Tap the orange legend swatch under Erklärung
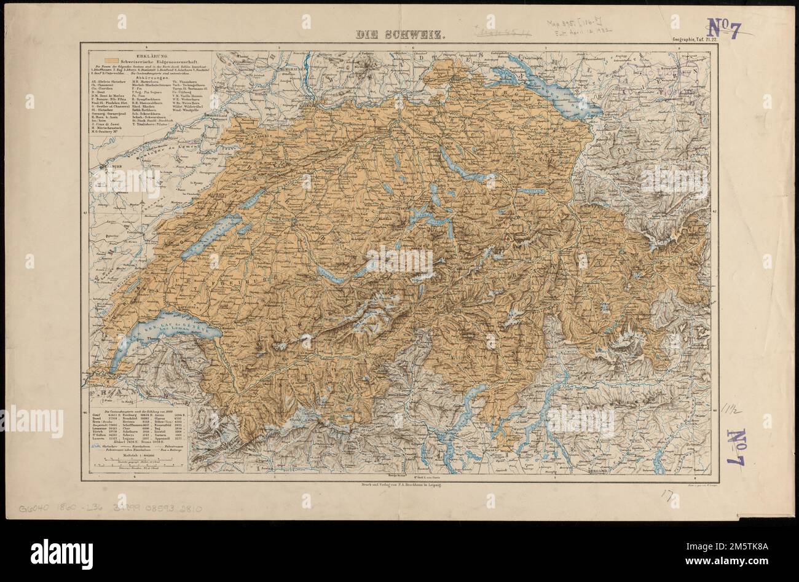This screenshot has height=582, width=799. click(x=110, y=61)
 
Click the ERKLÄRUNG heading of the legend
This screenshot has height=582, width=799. click(x=138, y=55)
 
